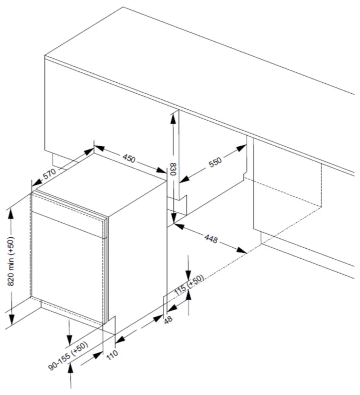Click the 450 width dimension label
point(129,158)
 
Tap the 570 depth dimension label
point(49,174)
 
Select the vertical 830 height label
point(173,169)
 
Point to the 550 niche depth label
point(215,162)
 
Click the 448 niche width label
point(211,238)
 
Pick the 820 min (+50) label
point(11,261)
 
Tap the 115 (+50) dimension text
point(189,285)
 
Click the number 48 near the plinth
point(168,320)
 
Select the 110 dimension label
point(112,354)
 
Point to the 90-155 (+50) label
point(68,355)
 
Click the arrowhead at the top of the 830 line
point(173,119)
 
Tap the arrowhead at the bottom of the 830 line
point(173,218)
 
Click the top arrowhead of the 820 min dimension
point(11,214)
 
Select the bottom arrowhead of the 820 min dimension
point(11,319)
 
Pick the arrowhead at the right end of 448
point(242,250)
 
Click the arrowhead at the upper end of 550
point(241,148)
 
